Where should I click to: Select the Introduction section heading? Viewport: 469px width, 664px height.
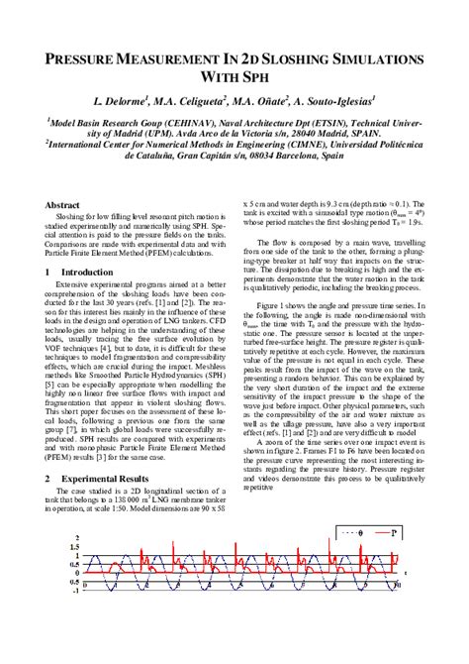(x=86, y=271)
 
